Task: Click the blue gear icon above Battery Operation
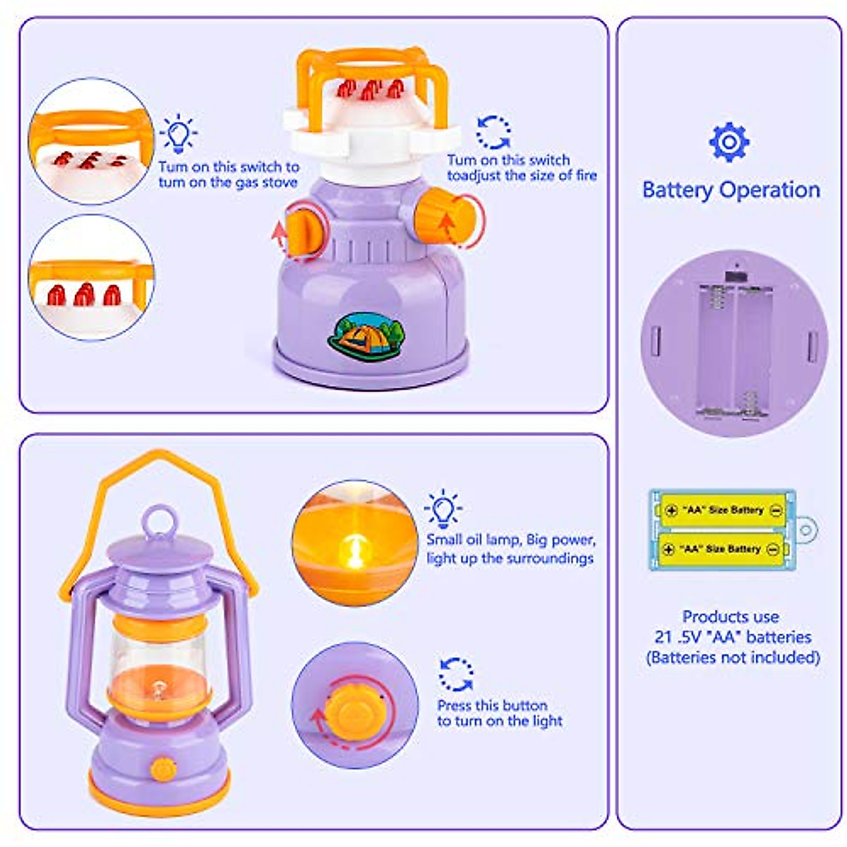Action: click(729, 142)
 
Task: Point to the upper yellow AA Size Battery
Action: click(721, 510)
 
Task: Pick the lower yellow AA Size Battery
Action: click(721, 548)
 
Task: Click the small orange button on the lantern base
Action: click(164, 769)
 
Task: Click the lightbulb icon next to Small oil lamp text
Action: click(443, 508)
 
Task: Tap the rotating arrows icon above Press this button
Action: click(456, 674)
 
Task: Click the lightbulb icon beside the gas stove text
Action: click(178, 133)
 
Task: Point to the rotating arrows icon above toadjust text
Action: click(493, 132)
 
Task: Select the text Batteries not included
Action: click(733, 657)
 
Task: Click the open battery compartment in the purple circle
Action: click(734, 349)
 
